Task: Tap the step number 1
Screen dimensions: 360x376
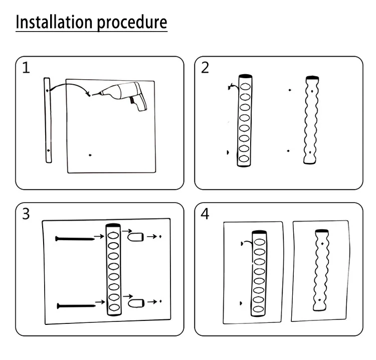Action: pos(26,68)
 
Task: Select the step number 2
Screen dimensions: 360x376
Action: pos(205,68)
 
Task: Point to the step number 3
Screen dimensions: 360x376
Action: pos(26,214)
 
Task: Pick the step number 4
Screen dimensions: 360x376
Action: pos(205,214)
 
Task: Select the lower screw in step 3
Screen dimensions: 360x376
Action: pos(76,305)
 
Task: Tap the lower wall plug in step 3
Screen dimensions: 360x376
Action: pos(136,303)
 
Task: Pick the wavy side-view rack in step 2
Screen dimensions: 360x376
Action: pos(311,120)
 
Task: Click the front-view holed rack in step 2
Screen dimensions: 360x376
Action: pos(244,120)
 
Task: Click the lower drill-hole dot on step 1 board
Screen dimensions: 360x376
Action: pos(90,155)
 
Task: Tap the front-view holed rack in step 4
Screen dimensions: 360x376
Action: pos(259,273)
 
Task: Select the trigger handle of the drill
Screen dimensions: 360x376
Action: pos(136,103)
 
